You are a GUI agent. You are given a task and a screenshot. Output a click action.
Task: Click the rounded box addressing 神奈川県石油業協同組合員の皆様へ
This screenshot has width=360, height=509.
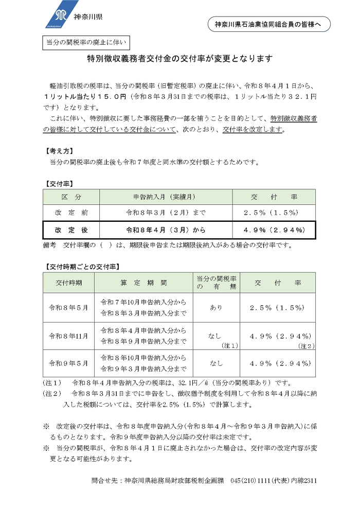tap(269, 24)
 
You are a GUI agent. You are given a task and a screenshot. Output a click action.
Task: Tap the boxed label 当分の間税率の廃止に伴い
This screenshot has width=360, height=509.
tap(87, 43)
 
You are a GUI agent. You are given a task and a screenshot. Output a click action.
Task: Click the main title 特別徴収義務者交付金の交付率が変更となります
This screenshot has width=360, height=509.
tap(179, 59)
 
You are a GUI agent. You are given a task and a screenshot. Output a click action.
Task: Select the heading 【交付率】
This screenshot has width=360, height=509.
tap(60, 183)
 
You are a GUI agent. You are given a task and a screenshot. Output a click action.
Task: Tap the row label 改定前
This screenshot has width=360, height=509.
tap(71, 213)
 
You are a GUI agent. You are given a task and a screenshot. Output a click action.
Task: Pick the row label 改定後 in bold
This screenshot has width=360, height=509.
tap(71, 230)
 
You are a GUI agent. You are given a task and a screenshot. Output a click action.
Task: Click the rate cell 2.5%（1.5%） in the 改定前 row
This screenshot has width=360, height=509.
tap(274, 213)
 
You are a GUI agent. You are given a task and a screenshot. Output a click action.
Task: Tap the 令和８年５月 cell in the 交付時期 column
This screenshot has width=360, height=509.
tap(68, 307)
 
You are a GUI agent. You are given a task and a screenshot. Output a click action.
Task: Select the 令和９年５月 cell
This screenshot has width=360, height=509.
tap(68, 363)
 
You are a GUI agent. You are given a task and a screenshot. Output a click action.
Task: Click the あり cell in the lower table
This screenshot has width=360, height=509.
tap(216, 307)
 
